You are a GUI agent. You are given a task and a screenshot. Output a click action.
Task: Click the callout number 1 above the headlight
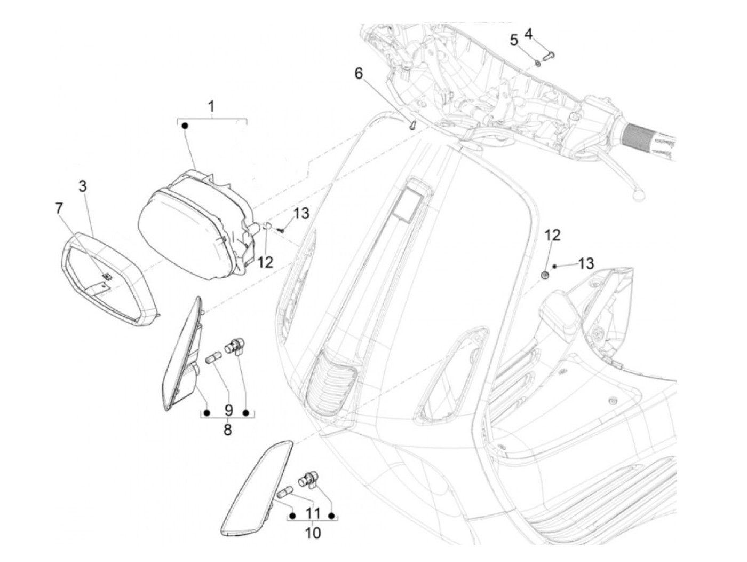pos(211,107)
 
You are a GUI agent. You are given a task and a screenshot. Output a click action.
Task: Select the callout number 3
pos(83,186)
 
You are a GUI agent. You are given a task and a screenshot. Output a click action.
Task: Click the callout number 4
pos(528,34)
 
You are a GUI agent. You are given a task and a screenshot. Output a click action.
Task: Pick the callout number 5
pos(514,40)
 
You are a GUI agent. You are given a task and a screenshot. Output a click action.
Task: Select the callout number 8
pos(227,430)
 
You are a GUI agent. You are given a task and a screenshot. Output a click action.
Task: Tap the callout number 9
pos(228,410)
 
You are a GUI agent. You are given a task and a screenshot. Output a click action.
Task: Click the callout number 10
pos(313,533)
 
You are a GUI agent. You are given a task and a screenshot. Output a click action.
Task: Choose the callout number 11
pos(313,513)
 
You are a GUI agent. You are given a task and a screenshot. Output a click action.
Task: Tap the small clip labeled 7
pos(106,276)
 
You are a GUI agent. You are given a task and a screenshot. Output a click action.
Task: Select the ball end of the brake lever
pos(636,196)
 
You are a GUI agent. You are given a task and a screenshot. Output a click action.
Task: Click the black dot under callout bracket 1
pos(185,126)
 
